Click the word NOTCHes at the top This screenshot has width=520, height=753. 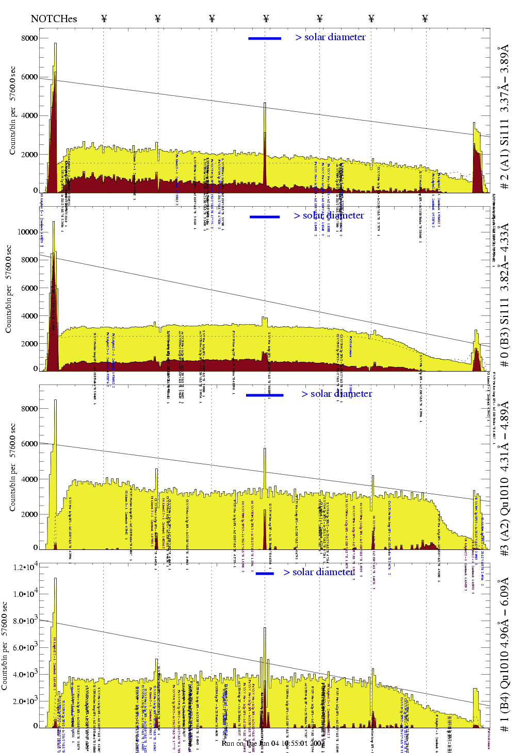coord(54,19)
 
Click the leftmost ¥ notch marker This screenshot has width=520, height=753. coord(104,19)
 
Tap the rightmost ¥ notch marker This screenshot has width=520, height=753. coord(425,19)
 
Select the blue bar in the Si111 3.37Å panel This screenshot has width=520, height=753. coord(265,38)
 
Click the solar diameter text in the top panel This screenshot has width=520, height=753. coord(330,37)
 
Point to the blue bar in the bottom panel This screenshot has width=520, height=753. coord(265,573)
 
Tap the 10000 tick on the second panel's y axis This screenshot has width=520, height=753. coord(27,232)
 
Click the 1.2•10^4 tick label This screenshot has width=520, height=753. coord(26,567)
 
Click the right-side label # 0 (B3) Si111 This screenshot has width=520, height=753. coord(504,295)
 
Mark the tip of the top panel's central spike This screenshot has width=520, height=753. coord(265,104)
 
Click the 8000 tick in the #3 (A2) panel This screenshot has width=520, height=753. coord(29,409)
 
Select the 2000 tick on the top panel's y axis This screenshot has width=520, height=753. coord(29,155)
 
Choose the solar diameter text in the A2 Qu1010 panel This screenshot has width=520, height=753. coord(336,394)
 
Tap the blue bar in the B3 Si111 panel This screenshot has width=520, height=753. coord(265,217)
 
